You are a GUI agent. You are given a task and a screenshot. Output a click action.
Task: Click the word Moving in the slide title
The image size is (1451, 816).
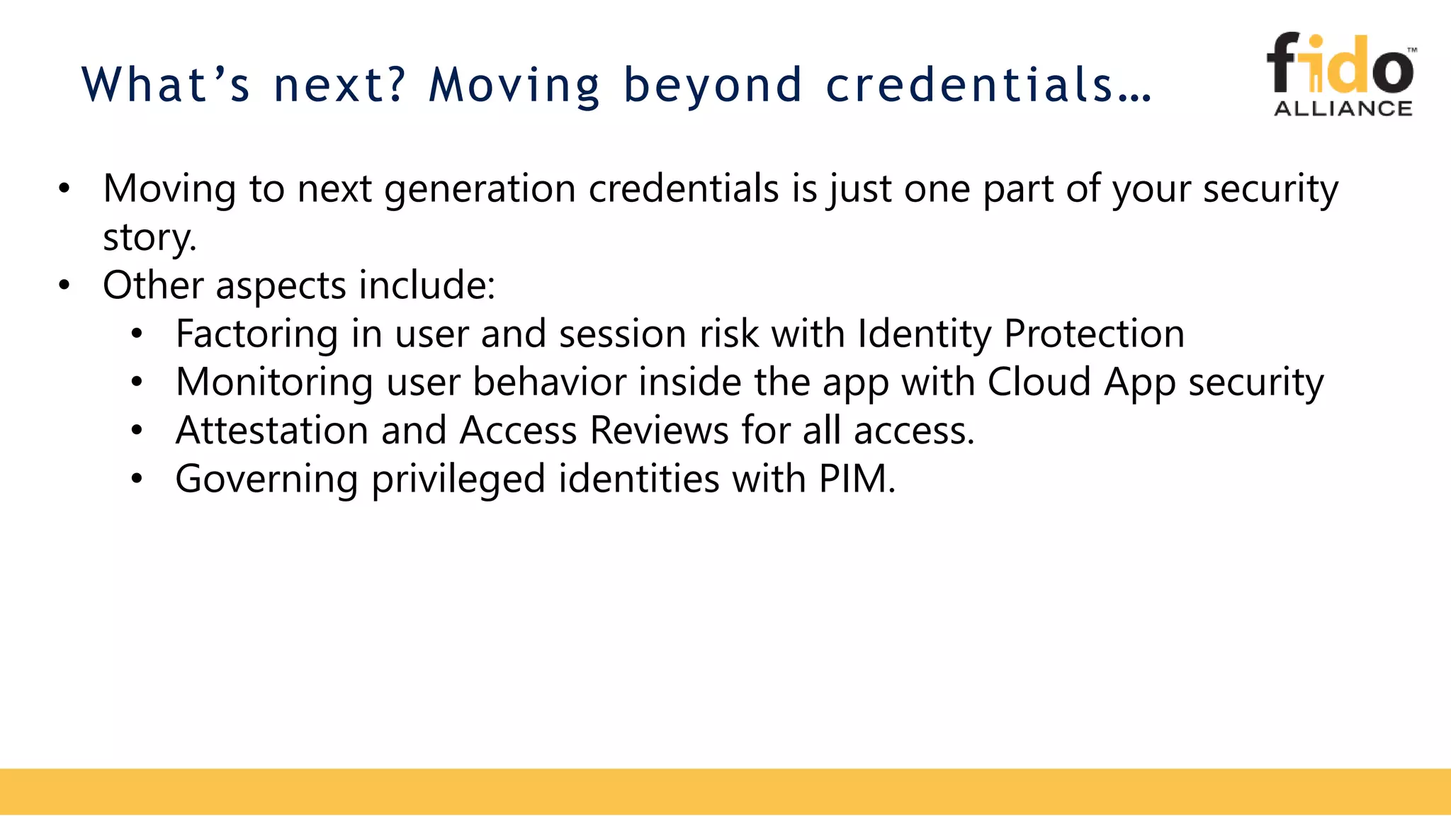click(x=514, y=86)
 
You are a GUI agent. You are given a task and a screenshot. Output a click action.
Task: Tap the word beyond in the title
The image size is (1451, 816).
click(x=712, y=86)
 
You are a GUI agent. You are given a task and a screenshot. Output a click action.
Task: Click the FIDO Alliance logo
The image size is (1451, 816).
click(x=1341, y=74)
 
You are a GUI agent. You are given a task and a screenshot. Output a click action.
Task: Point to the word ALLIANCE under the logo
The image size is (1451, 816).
click(x=1343, y=108)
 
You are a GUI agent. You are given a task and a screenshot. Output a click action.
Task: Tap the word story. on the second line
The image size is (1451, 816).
click(x=149, y=237)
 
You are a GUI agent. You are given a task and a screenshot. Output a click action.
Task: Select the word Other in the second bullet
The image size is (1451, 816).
click(x=153, y=285)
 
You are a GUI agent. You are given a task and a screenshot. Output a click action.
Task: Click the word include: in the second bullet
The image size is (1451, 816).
click(x=427, y=285)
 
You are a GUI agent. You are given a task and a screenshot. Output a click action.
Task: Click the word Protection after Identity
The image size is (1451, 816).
click(x=1094, y=334)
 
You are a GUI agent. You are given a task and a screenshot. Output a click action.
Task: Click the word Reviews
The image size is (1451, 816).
click(x=659, y=431)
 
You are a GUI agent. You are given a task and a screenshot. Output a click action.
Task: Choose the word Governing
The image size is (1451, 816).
click(x=266, y=480)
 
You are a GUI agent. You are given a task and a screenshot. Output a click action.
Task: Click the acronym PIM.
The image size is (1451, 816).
click(x=857, y=479)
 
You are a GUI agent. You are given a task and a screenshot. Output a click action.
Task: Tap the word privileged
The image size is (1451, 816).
click(x=458, y=480)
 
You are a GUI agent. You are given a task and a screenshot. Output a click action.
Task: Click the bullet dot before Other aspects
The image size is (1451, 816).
click(x=64, y=285)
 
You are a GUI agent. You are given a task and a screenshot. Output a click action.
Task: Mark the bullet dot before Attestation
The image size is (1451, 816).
click(x=137, y=431)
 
